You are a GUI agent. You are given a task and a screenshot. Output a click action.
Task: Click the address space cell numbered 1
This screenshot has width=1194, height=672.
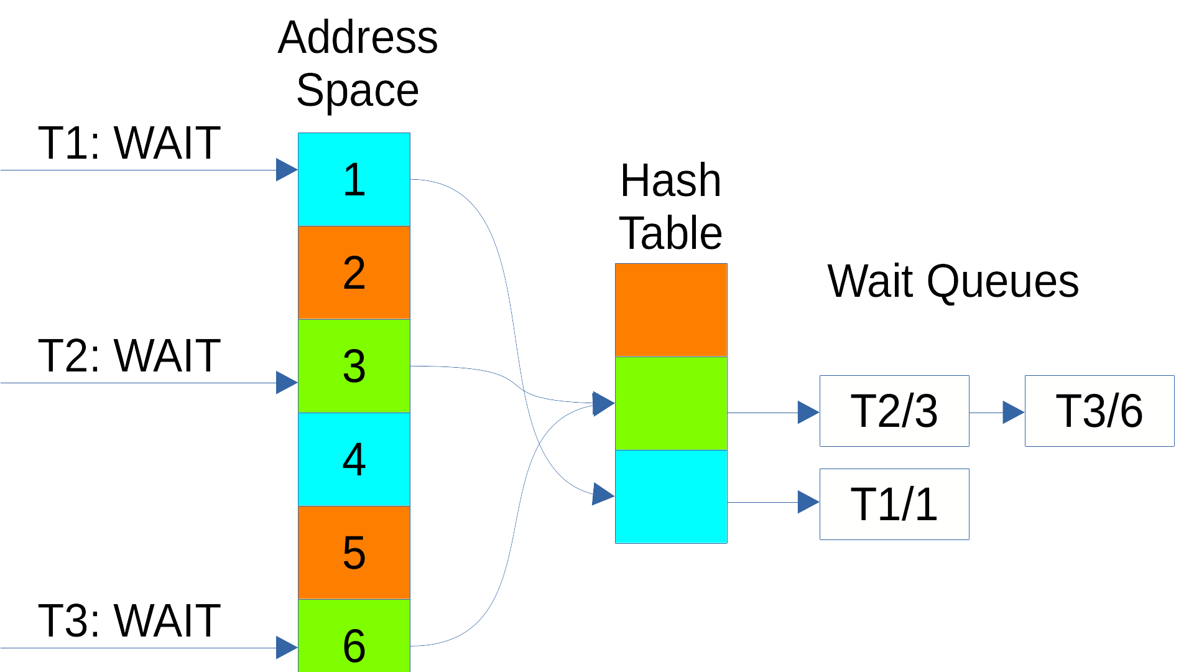click(x=354, y=179)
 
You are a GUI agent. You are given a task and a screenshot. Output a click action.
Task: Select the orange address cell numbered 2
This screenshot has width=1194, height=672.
click(x=354, y=273)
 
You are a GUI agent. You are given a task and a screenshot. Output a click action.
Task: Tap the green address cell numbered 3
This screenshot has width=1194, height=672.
click(x=354, y=366)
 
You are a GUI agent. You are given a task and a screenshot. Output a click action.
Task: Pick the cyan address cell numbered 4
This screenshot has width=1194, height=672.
click(x=354, y=459)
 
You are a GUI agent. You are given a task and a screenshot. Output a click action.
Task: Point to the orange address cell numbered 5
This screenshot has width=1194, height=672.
click(x=354, y=553)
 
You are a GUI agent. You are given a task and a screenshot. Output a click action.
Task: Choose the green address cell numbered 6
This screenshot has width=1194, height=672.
click(x=354, y=638)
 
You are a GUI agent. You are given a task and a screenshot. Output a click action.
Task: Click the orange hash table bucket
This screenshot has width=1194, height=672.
click(x=671, y=310)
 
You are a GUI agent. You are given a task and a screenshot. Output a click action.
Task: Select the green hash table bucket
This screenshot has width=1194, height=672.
click(x=671, y=403)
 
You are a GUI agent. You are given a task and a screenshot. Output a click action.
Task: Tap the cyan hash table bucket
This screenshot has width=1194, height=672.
click(x=671, y=497)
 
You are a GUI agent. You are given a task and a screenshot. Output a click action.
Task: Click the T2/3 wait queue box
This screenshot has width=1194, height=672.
click(x=894, y=411)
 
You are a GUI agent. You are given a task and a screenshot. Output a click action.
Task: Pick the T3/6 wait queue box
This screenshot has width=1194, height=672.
click(x=1099, y=411)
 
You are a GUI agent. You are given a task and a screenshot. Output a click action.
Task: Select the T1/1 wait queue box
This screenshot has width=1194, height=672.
click(x=894, y=504)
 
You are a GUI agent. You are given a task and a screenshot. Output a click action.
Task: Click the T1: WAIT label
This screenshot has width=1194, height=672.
click(x=129, y=143)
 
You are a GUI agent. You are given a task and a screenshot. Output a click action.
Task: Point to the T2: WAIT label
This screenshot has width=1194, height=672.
click(x=129, y=356)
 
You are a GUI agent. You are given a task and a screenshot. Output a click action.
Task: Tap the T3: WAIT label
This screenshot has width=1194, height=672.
click(x=129, y=621)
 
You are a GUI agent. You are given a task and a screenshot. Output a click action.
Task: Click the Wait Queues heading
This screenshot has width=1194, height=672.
click(x=953, y=281)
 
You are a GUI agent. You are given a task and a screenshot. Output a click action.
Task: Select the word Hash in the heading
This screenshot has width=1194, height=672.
click(x=670, y=180)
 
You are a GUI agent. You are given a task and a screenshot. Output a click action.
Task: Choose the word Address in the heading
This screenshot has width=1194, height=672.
click(x=358, y=37)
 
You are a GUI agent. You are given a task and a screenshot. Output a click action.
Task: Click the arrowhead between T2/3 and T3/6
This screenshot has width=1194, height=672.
click(x=1014, y=412)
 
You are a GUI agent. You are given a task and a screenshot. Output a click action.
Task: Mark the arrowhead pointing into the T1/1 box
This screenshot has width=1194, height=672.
click(x=808, y=502)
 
